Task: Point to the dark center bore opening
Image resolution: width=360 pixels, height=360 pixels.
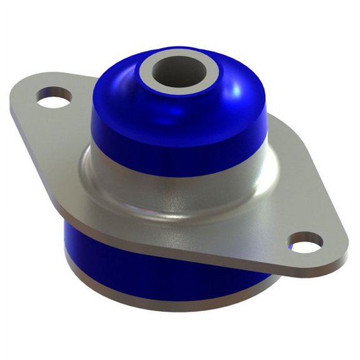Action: pyautogui.click(x=181, y=68)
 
